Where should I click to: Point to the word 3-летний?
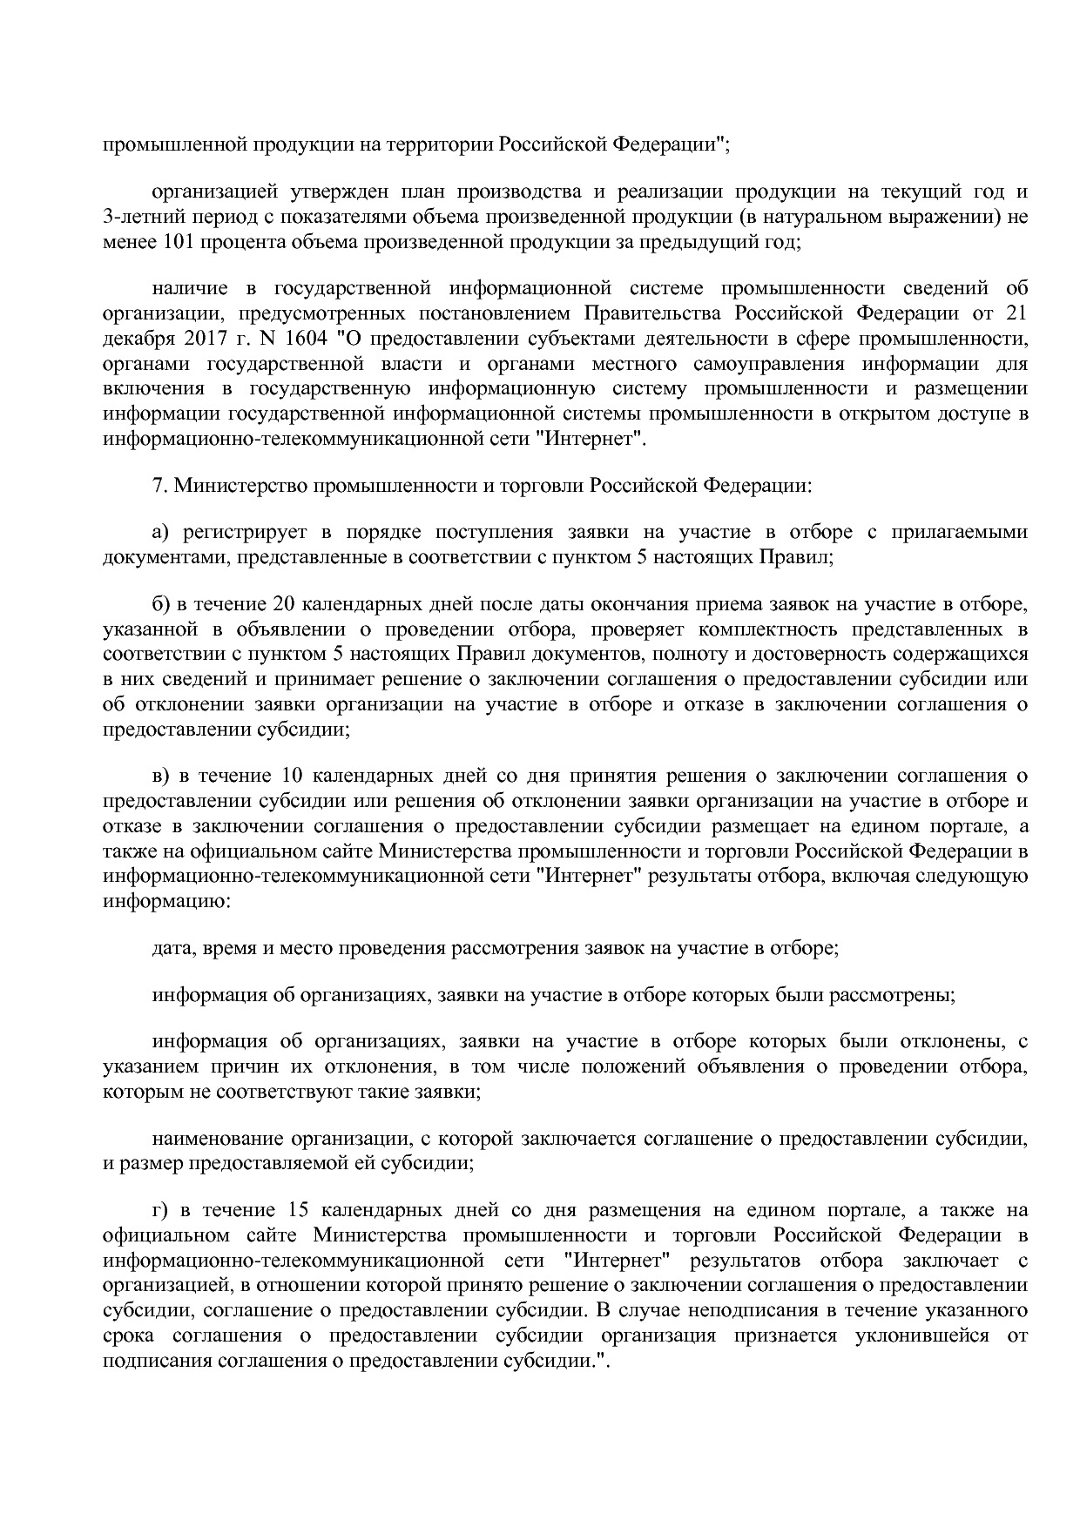click(x=137, y=217)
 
